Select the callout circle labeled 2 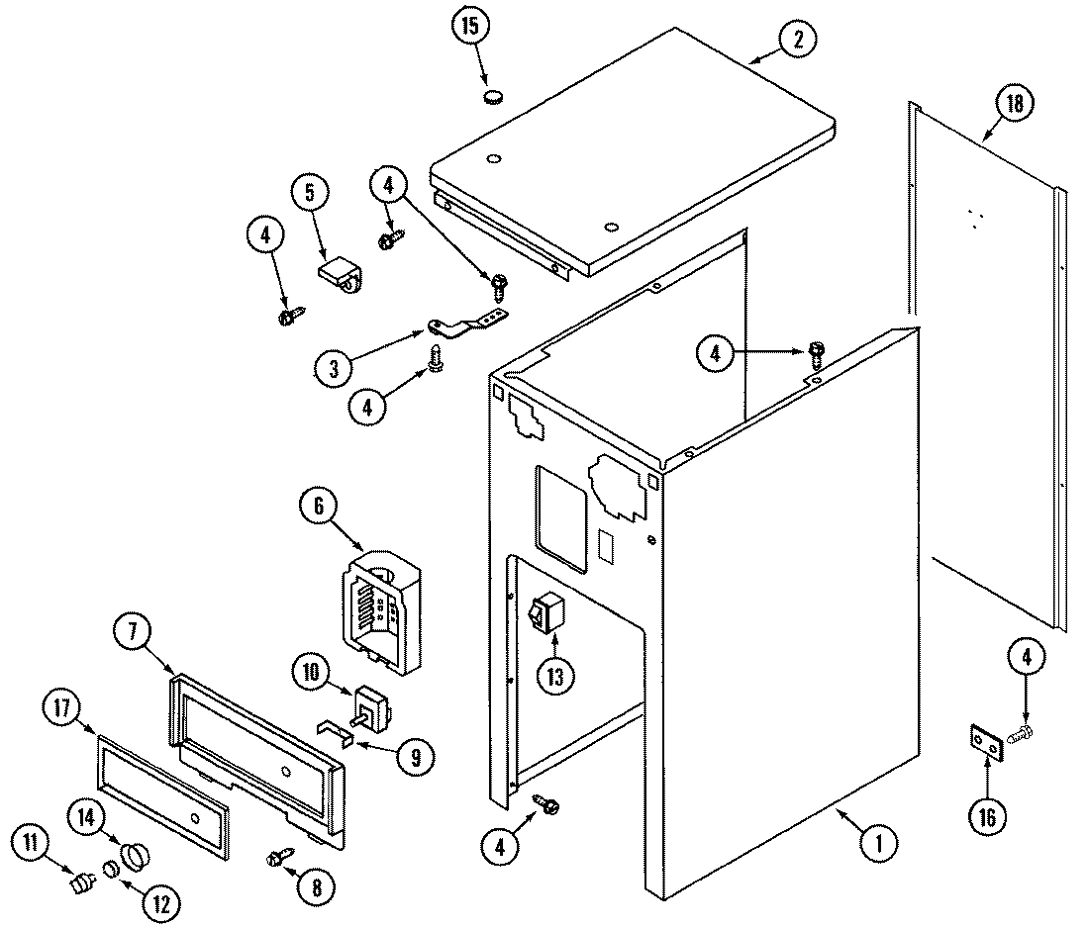(x=796, y=41)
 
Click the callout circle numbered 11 (x=32, y=844)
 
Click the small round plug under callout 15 (x=493, y=97)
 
